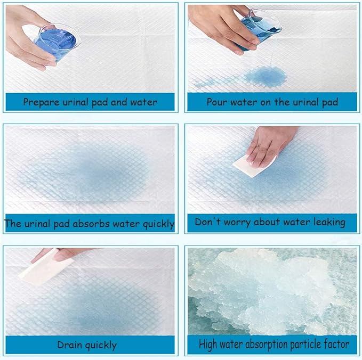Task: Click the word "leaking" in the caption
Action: click(x=326, y=222)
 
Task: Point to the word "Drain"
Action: click(x=69, y=345)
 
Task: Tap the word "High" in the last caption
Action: click(x=210, y=345)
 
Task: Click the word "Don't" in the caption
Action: click(x=207, y=222)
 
